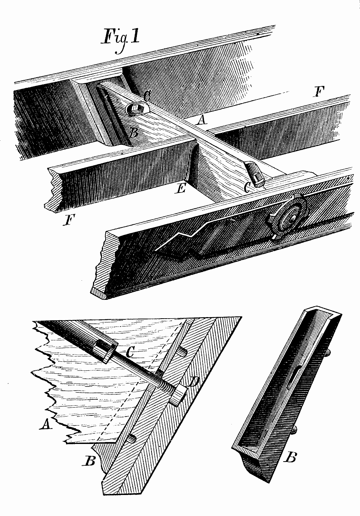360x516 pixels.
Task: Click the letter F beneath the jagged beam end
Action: coord(70,220)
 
